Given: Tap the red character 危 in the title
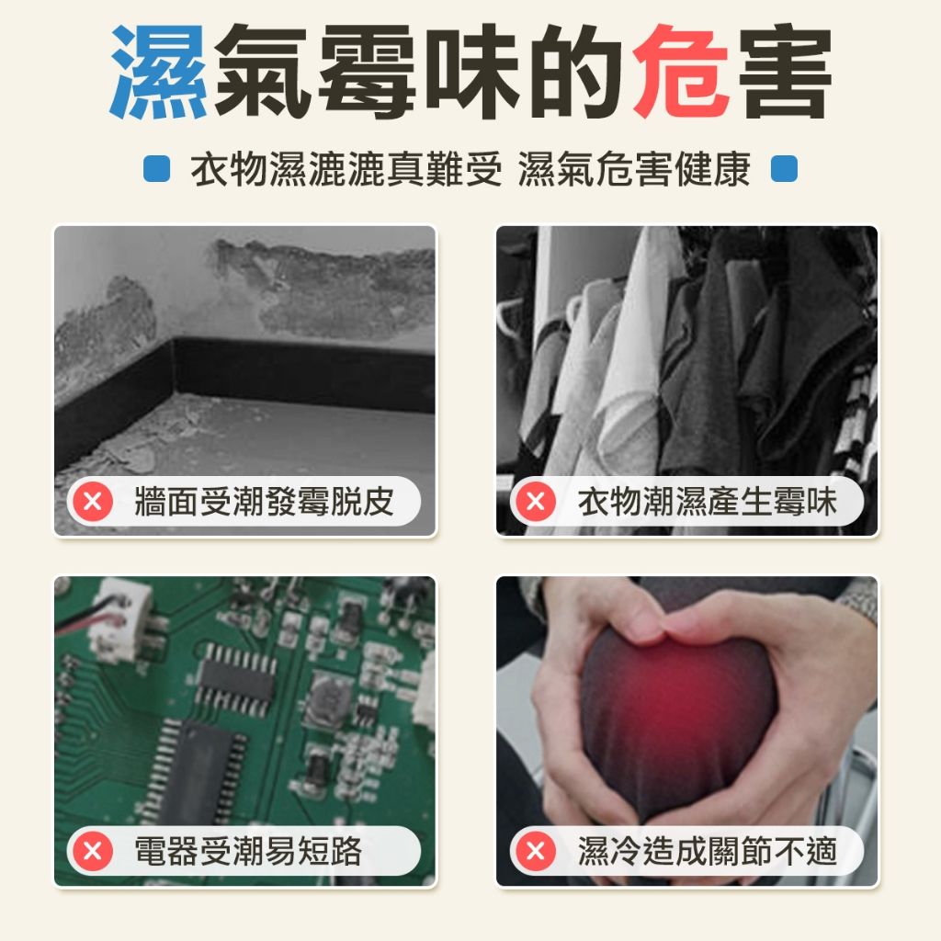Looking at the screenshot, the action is click(681, 72).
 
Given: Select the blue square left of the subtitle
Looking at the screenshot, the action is click(156, 169).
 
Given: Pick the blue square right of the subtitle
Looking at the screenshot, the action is click(784, 169).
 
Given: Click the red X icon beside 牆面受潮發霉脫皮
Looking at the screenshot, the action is click(93, 501).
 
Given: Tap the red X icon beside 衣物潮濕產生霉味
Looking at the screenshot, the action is click(536, 501).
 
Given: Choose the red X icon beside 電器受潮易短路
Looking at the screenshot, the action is click(93, 851).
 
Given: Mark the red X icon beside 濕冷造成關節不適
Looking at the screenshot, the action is click(536, 851).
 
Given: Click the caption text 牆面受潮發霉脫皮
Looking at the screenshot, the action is click(264, 501).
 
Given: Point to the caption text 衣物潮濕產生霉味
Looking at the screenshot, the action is click(707, 501).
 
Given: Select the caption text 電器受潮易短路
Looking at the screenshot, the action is click(248, 851).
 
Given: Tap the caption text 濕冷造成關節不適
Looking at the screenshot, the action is click(707, 851).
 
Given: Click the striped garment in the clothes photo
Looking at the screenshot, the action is click(856, 414).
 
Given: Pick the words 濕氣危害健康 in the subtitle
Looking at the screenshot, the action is click(634, 169).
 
